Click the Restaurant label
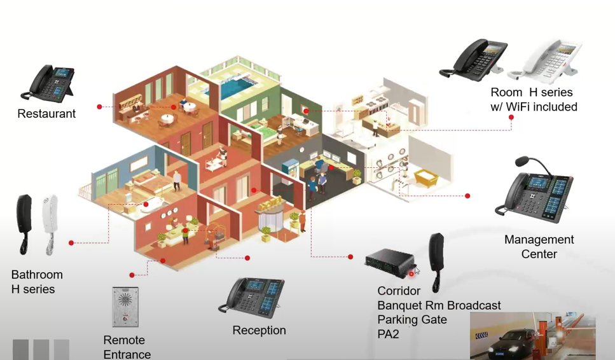(x=46, y=114)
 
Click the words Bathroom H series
(x=36, y=282)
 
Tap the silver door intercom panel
(x=125, y=307)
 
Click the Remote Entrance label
(x=127, y=347)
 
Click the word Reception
(x=259, y=330)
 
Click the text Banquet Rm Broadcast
(x=439, y=305)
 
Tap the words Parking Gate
(x=412, y=319)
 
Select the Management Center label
(x=539, y=247)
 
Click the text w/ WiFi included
(x=534, y=107)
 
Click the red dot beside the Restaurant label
(x=99, y=107)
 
